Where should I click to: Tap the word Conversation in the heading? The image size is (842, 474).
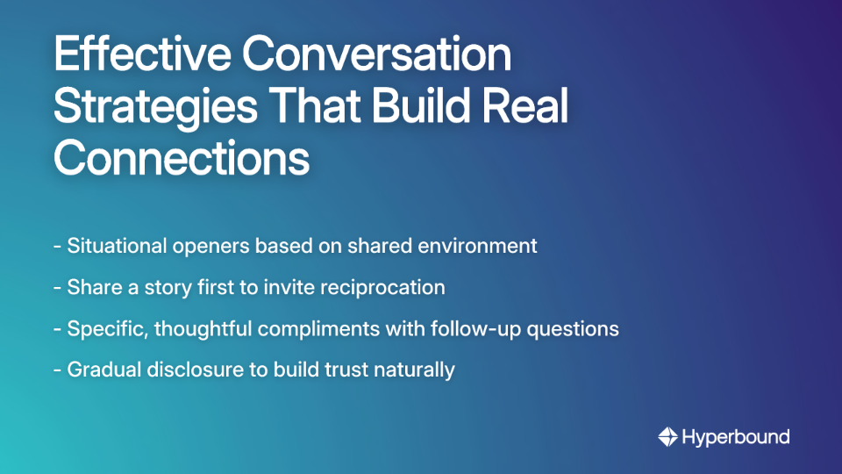pos(377,54)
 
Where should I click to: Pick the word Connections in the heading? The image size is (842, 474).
pos(182,159)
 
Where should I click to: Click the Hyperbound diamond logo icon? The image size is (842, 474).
pos(667,436)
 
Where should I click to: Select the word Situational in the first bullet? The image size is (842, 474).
pos(114,246)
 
